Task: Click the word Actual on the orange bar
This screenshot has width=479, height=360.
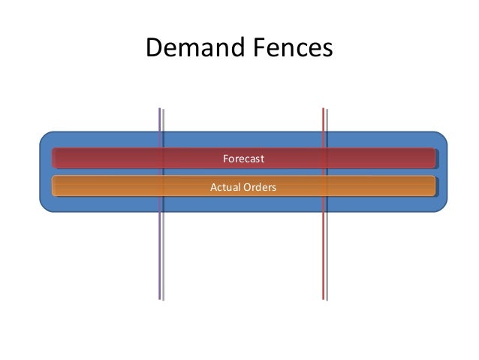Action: click(x=224, y=186)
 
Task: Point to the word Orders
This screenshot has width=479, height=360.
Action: click(x=259, y=186)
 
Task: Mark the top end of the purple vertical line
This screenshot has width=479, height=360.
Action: click(x=159, y=110)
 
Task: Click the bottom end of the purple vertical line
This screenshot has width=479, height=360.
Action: click(x=159, y=298)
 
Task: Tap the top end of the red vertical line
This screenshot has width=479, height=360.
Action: click(x=323, y=110)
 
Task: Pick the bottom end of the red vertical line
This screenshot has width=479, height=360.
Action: click(x=323, y=298)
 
